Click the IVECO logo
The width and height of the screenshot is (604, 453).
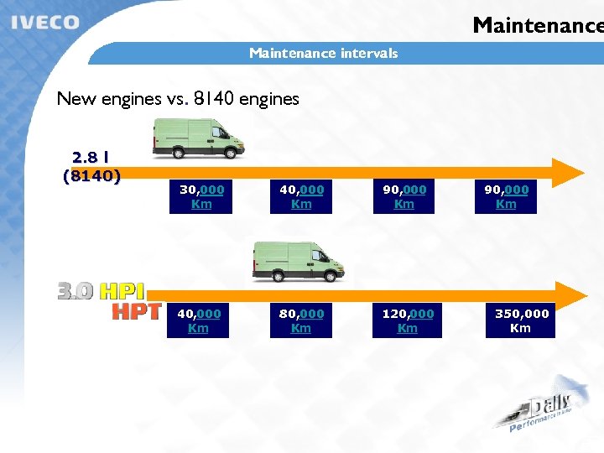coord(46,23)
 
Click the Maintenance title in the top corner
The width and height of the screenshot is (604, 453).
coord(537,25)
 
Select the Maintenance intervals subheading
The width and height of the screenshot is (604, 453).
coord(323,54)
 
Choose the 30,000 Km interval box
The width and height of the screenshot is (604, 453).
coord(201,196)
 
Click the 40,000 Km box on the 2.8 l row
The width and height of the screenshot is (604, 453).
coord(301,196)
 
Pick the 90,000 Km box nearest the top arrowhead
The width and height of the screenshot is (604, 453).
coord(506,196)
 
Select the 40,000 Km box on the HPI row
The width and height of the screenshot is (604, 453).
coord(199,320)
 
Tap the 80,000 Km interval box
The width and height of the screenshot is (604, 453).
coord(301,320)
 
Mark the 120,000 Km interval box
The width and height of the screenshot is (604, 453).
coord(408,320)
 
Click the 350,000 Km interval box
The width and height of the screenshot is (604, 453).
coord(520,320)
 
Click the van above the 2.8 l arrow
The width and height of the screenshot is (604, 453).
coord(198,138)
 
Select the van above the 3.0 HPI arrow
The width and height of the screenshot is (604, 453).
coord(299,263)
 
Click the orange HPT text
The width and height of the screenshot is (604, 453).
coord(137,312)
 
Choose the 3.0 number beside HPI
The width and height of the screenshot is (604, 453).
coord(75,291)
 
